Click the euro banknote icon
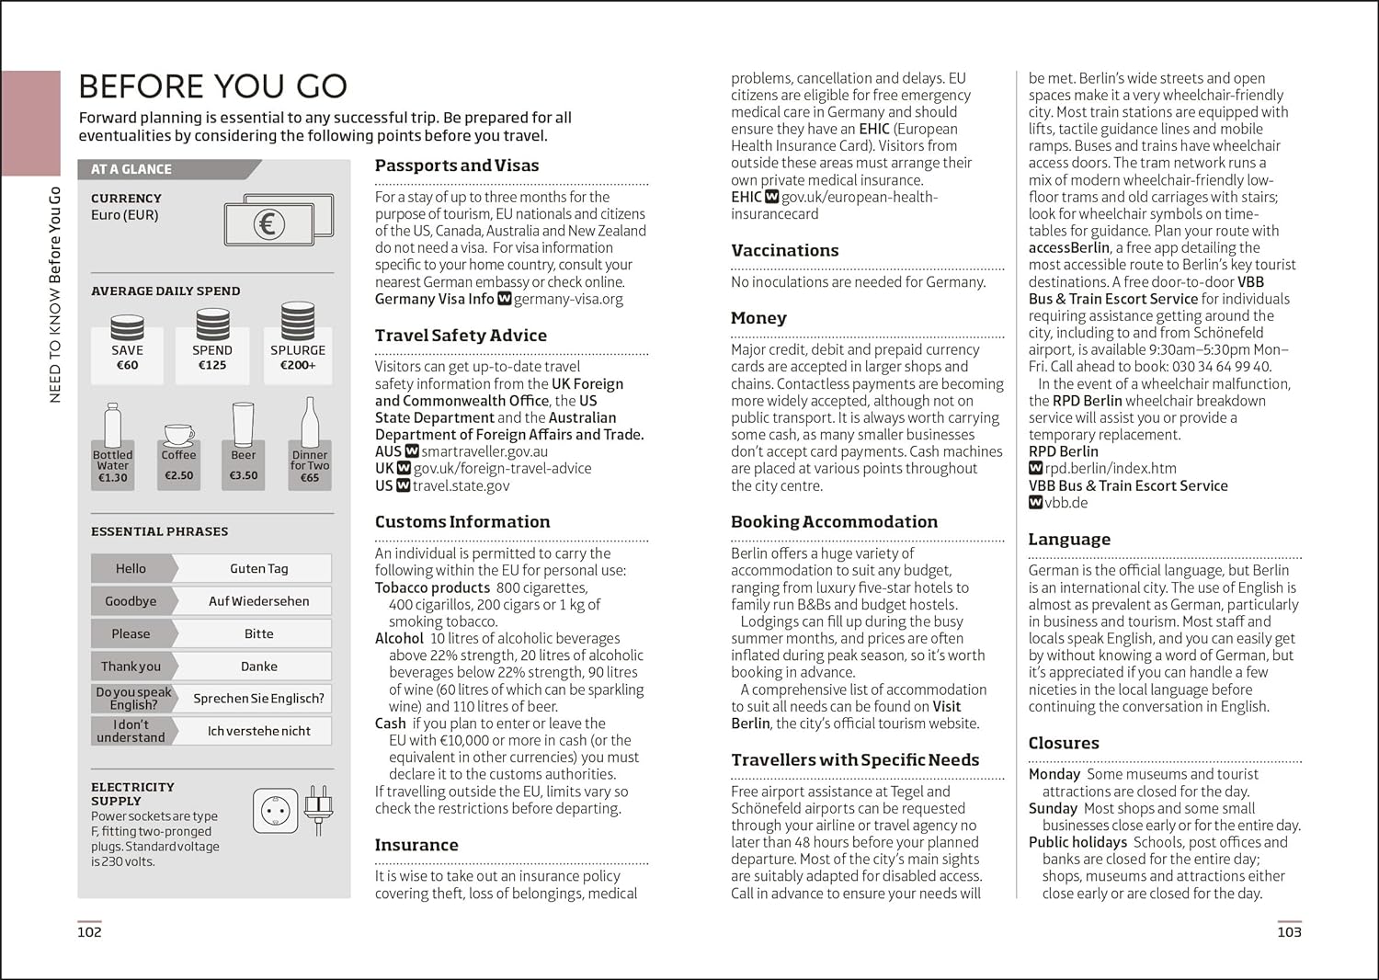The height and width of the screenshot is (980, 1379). coord(278,221)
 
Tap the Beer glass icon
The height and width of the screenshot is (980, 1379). coord(243,425)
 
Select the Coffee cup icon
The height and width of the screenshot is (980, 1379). coord(178,434)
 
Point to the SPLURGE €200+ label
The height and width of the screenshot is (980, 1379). coord(298,357)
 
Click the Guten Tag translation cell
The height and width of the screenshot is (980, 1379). coord(258,569)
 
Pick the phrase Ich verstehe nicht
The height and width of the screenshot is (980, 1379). coord(258,731)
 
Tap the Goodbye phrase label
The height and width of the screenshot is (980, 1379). coord(131,601)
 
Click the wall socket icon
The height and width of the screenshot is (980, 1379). coord(275,811)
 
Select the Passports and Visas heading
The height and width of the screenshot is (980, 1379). coord(457,165)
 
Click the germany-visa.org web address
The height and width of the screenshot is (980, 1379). coord(568,299)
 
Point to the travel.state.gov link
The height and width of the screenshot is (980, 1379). coord(461,485)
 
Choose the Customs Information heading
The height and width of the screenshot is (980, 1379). coord(462,521)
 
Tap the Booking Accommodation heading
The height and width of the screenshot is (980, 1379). coord(834,521)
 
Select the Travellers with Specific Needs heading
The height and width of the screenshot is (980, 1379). coord(855,759)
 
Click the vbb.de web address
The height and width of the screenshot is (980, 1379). coord(1066,503)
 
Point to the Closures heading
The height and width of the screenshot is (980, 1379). coord(1064,743)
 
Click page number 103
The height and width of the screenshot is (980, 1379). coord(1289,931)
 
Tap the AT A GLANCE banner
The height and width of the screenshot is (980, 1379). coord(131,169)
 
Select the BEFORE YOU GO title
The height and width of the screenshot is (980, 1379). coord(212,86)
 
